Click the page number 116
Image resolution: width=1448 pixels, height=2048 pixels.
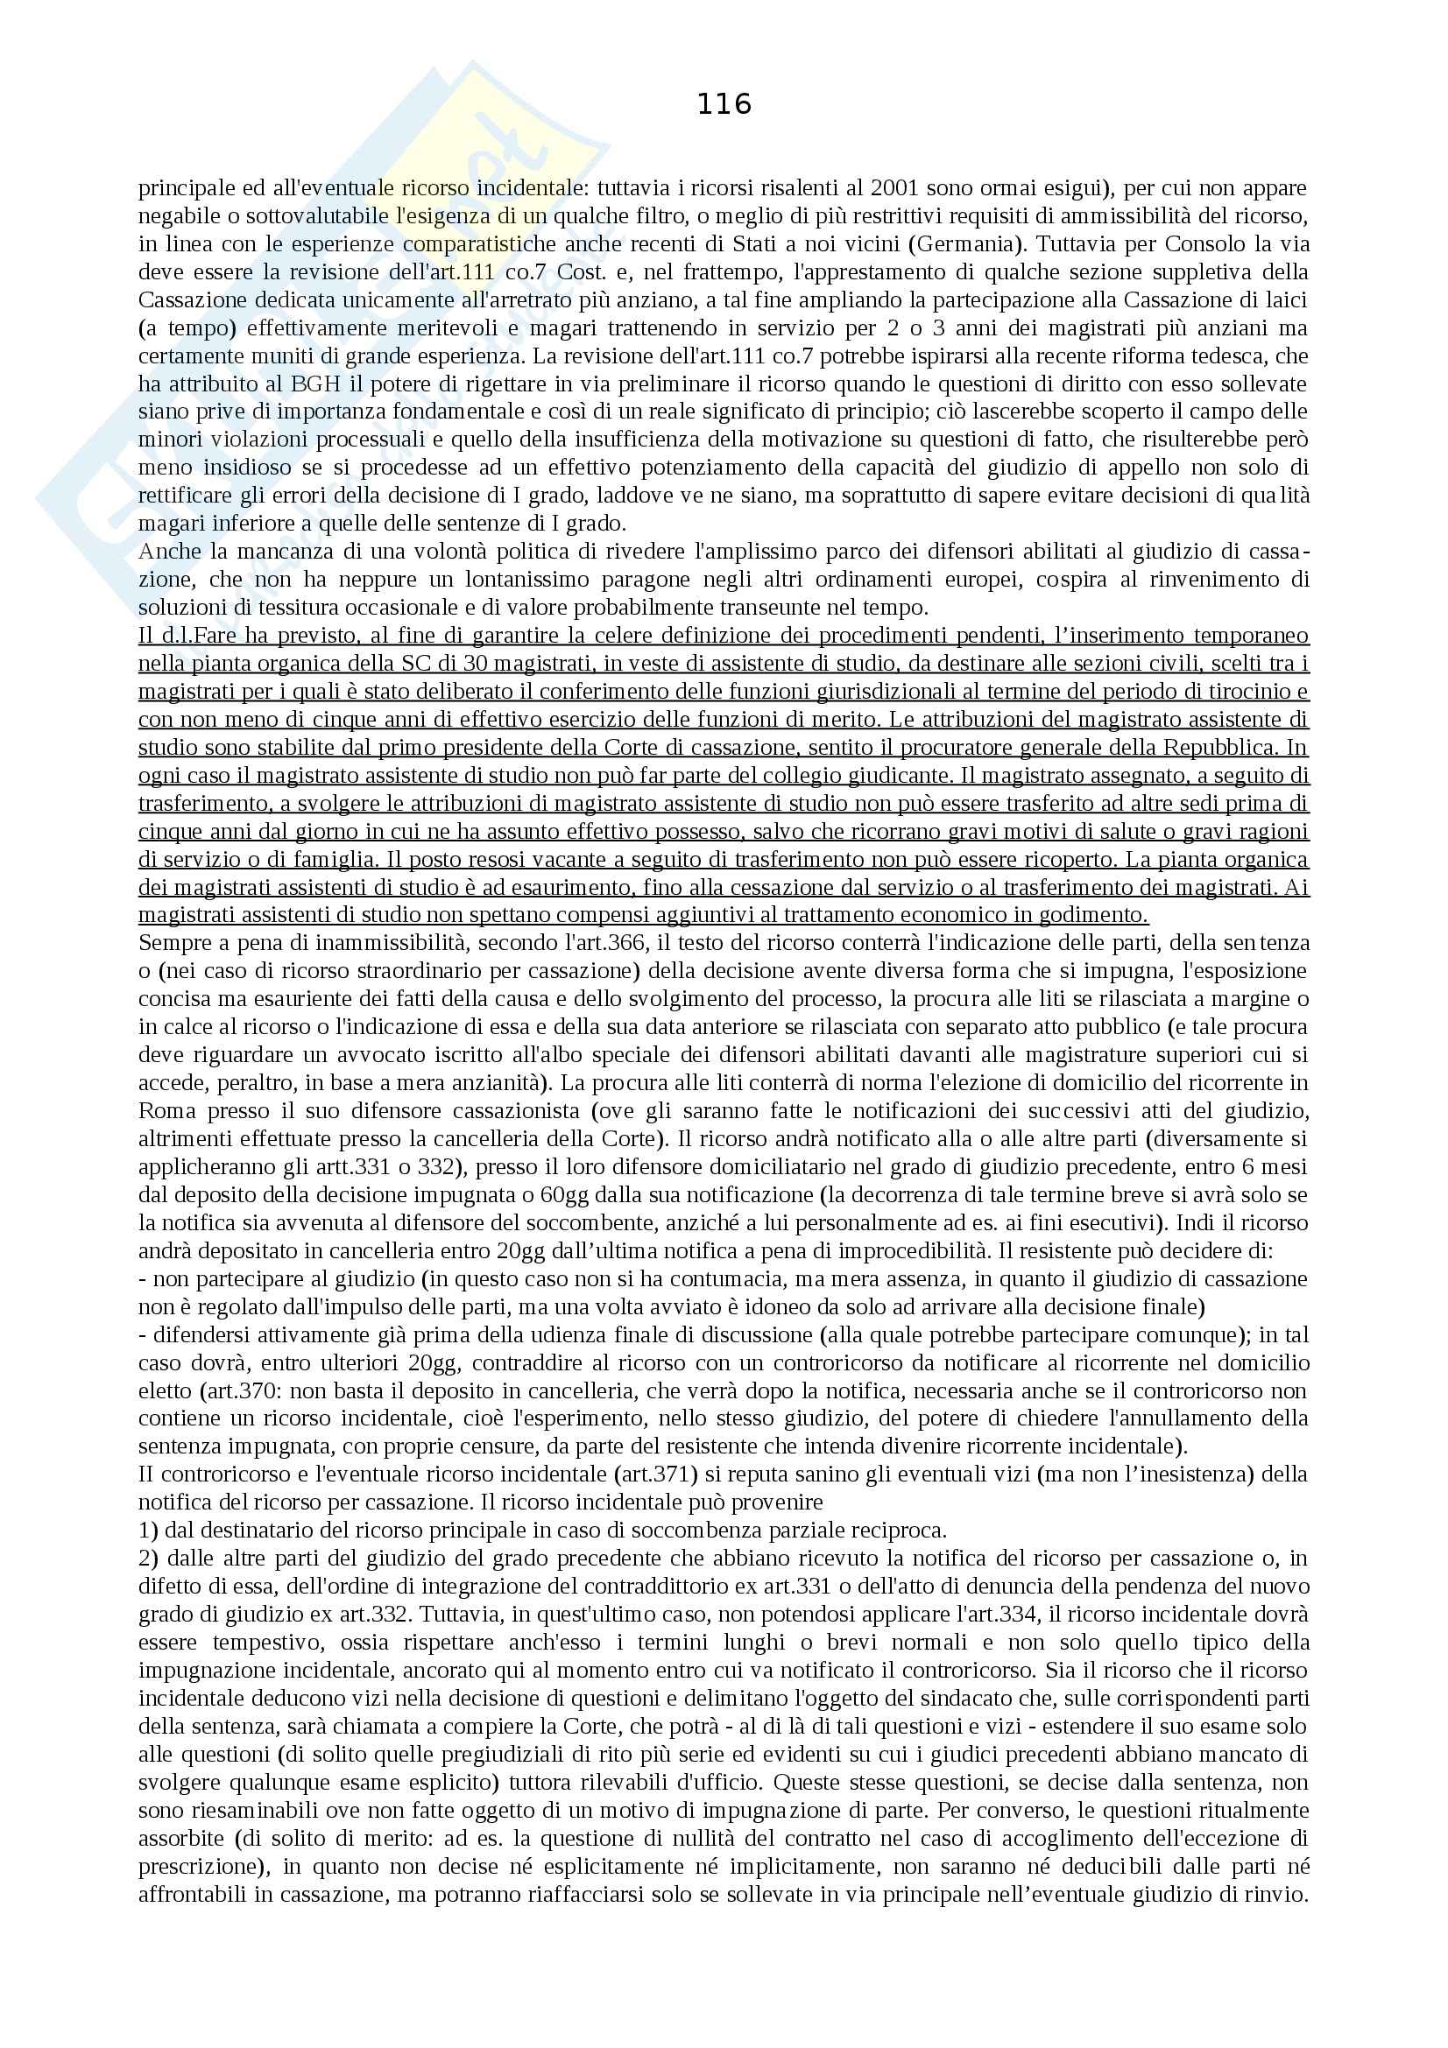pos(724,105)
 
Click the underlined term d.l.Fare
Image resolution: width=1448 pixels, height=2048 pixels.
pos(190,636)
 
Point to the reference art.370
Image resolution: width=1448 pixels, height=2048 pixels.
pos(249,1390)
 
